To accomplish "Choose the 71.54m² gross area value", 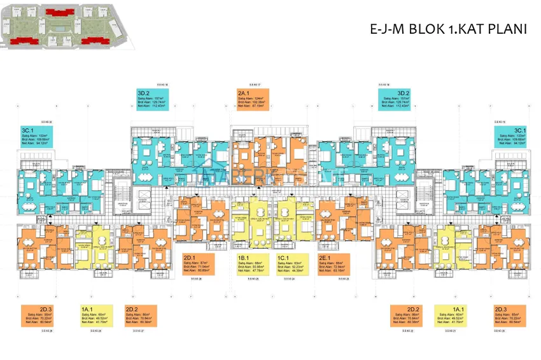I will pyautogui.click(x=202, y=266).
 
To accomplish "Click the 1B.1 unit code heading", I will pyautogui.click(x=242, y=258).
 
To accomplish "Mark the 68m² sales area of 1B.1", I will pyautogui.click(x=255, y=262).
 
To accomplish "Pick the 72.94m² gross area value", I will pyautogui.click(x=338, y=266).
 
